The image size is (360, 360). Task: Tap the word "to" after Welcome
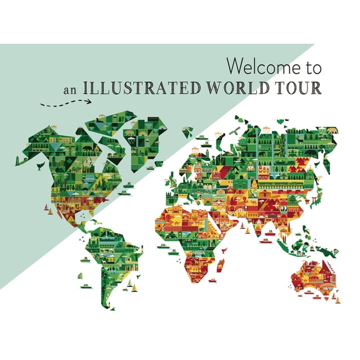(309, 65)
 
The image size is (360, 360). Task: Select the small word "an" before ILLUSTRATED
(70, 89)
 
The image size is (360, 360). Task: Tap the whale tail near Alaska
(40, 166)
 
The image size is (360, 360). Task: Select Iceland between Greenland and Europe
(187, 132)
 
